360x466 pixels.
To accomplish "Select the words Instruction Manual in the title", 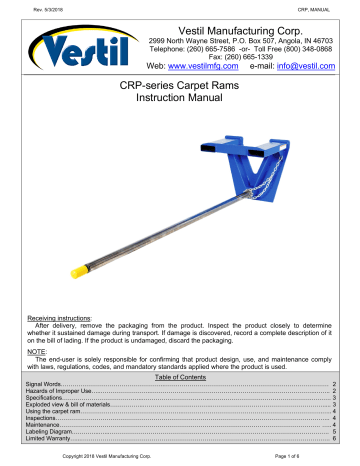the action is tap(181, 104).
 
